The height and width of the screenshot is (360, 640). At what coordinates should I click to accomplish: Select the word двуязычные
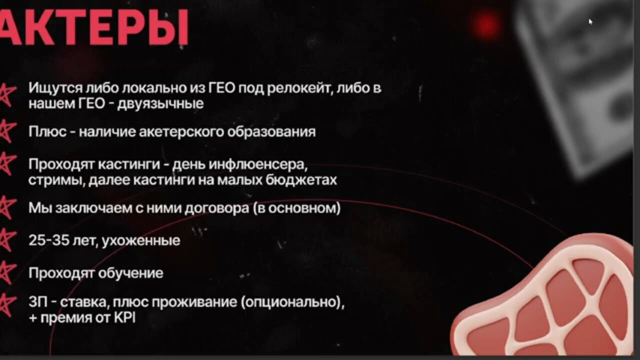tap(160, 103)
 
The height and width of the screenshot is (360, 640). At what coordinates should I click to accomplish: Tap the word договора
tap(216, 208)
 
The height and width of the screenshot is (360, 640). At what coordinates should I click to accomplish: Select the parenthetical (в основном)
tap(297, 208)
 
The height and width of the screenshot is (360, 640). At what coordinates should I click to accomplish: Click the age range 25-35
tap(49, 240)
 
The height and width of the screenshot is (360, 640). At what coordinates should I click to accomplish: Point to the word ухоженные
tap(141, 241)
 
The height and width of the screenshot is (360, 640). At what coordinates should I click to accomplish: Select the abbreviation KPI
tap(124, 318)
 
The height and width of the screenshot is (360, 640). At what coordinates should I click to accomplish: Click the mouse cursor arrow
tap(590, 21)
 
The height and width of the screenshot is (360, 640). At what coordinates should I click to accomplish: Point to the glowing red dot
tap(487, 24)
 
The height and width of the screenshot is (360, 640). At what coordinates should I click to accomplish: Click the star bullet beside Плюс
tap(7, 131)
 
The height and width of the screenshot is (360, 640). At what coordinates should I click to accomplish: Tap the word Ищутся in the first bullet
tap(55, 88)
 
